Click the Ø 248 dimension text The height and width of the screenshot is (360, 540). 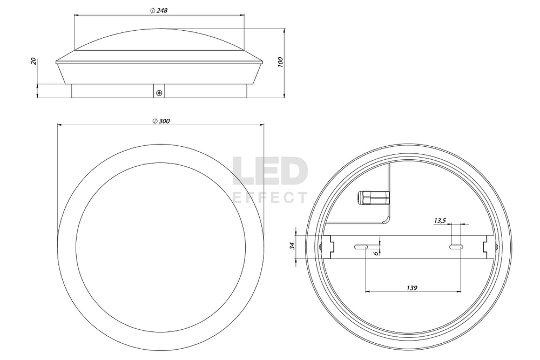[x=158, y=10]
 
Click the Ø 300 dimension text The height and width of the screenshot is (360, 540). [x=161, y=121]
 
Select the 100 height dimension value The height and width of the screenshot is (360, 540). [x=280, y=62]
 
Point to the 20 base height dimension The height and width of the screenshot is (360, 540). [x=33, y=61]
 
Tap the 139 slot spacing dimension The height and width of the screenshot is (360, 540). [x=411, y=288]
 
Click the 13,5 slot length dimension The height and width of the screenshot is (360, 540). [x=440, y=220]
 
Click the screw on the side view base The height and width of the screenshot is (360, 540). [x=159, y=93]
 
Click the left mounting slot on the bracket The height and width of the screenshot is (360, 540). [x=361, y=247]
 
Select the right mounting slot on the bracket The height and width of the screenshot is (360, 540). [x=455, y=247]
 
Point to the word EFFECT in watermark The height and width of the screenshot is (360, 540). [x=269, y=198]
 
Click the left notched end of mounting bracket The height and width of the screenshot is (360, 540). [x=326, y=247]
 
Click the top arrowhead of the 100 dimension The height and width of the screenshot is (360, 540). [x=285, y=31]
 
